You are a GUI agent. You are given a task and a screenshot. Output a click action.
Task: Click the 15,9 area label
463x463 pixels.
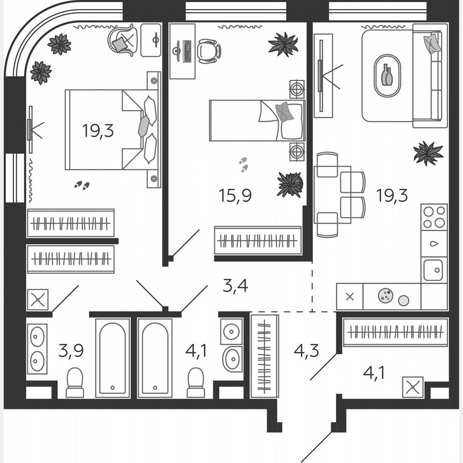(x=235, y=195)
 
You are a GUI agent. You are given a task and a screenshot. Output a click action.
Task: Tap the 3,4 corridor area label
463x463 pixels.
(x=235, y=285)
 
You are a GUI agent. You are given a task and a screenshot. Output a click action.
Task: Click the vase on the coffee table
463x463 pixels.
(x=387, y=75)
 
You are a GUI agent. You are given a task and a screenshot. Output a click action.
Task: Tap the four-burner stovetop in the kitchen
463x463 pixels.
(x=434, y=217)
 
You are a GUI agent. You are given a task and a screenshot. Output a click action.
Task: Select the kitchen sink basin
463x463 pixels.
(x=433, y=270)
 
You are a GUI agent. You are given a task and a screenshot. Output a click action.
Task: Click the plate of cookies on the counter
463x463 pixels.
(x=385, y=295)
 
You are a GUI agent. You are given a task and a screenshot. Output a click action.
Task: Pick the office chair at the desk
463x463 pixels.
(x=208, y=51)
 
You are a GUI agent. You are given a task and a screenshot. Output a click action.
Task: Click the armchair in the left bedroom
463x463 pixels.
(x=123, y=40)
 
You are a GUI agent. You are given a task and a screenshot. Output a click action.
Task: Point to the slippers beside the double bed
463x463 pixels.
(x=82, y=185)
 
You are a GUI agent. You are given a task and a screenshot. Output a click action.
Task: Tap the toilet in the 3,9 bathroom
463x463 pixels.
(x=75, y=383)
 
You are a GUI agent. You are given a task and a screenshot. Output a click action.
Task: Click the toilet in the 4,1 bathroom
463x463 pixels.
(x=196, y=383)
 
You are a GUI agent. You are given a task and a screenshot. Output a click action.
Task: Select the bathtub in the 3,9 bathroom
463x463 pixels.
(x=113, y=357)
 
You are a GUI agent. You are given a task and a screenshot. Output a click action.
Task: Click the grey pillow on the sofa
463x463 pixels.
(x=432, y=43)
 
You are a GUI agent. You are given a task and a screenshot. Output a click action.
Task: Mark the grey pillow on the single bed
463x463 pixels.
(x=285, y=112)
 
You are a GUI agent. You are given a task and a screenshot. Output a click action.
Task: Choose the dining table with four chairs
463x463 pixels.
(x=332, y=195)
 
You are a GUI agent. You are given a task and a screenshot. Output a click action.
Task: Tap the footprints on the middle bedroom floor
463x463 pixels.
(x=244, y=165)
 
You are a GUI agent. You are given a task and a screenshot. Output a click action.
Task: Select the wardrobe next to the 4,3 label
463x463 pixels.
(x=264, y=355)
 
